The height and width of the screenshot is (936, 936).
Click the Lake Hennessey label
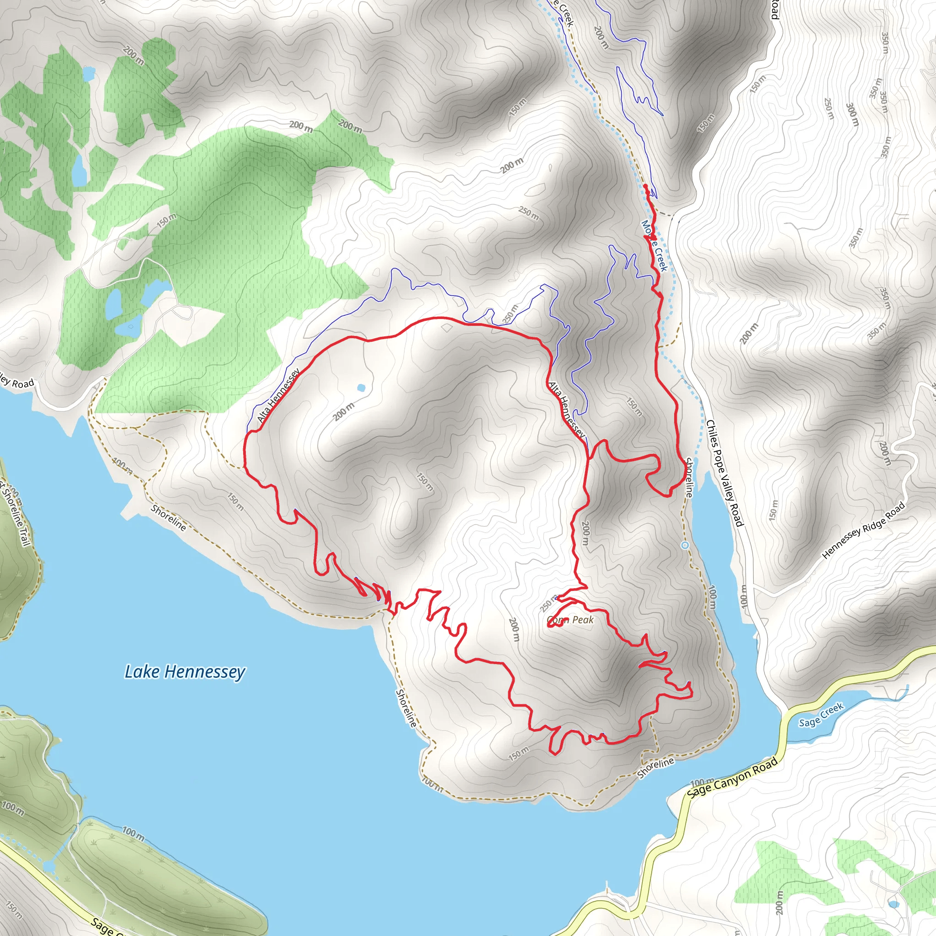[x=185, y=672]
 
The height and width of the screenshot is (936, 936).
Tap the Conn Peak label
[x=570, y=620]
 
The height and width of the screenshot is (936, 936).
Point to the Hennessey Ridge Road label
[x=864, y=531]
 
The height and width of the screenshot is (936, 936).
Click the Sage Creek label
[x=821, y=716]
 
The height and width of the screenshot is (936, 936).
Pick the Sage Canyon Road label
[x=733, y=777]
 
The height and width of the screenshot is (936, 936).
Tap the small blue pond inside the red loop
[x=361, y=388]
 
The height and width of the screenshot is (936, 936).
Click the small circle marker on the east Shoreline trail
[x=685, y=546]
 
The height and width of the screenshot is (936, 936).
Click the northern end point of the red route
[x=646, y=186]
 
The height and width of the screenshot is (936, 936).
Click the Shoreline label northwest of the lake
[x=168, y=518]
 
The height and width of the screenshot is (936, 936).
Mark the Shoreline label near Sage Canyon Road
[x=655, y=768]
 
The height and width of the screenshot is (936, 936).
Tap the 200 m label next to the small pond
[x=344, y=412]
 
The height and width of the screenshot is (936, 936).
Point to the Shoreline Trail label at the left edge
[x=14, y=514]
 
